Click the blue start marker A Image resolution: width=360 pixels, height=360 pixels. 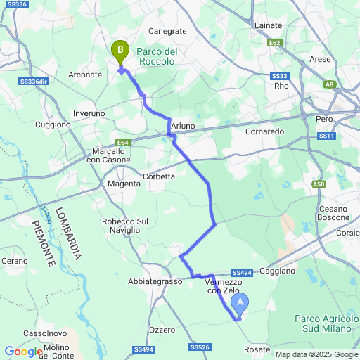click(x=240, y=304)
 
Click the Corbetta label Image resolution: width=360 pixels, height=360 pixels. click(x=159, y=176)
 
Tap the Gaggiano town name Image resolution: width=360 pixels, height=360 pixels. click(x=281, y=270)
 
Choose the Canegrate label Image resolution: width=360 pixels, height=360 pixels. click(x=168, y=31)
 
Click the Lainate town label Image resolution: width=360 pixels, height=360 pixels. click(x=268, y=25)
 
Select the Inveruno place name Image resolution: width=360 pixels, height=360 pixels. click(x=89, y=113)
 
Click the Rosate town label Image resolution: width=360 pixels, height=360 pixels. click(x=257, y=349)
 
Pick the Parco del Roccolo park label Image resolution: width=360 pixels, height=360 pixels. click(x=156, y=56)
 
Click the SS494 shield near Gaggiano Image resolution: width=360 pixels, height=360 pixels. click(x=240, y=273)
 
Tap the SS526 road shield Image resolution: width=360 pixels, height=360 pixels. click(x=200, y=347)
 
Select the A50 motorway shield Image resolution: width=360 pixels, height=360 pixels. click(x=319, y=184)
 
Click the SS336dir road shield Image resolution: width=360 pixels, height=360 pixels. click(x=33, y=82)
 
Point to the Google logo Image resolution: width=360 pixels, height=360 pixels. click(x=23, y=352)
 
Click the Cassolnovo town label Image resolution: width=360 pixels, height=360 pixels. click(x=45, y=333)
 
